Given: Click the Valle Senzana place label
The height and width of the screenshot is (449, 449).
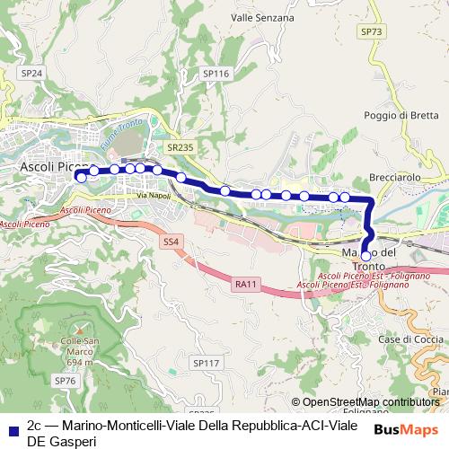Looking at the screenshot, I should [262, 17].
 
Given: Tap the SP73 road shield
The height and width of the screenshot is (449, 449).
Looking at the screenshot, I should [371, 31].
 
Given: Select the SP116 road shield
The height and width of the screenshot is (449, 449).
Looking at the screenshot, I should [216, 74].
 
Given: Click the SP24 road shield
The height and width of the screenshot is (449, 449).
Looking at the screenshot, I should [31, 73].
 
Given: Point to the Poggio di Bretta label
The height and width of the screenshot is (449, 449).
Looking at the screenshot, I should [401, 115].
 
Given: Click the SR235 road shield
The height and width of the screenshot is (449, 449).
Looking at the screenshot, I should [180, 146].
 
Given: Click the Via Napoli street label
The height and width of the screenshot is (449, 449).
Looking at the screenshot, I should [154, 195].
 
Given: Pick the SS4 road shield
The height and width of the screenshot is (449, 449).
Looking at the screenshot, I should [172, 242].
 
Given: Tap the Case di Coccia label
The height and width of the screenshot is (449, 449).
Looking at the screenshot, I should [410, 339].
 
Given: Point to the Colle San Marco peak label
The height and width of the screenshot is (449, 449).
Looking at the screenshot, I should [86, 347].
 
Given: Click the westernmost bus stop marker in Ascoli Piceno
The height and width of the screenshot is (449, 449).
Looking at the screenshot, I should [82, 178].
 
